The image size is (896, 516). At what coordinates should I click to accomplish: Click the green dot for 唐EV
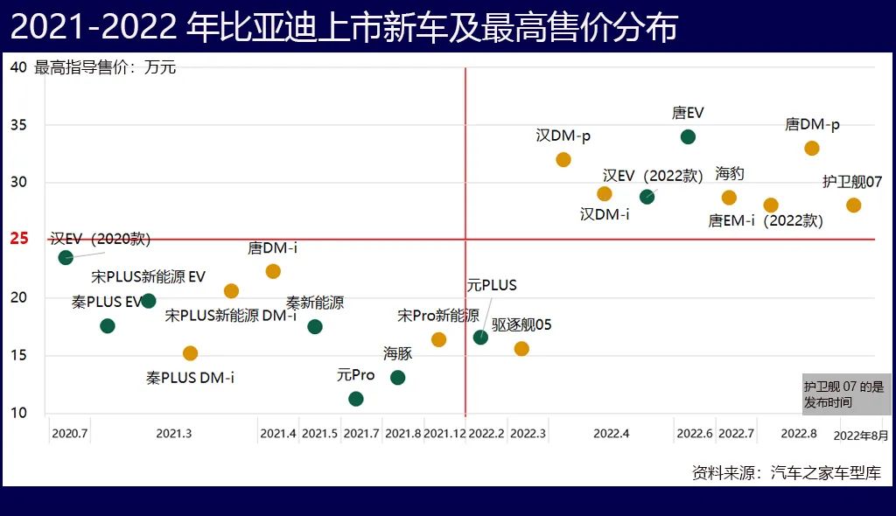coord(688,136)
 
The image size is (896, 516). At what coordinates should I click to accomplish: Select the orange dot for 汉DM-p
coord(563,159)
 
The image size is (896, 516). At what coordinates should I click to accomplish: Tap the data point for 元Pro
coord(356,399)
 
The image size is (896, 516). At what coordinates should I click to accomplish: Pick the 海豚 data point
coord(397,378)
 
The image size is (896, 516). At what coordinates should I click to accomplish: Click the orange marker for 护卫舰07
coord(854,206)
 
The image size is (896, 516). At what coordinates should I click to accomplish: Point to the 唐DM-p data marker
coord(812,148)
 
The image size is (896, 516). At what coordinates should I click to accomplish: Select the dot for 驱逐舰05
coord(521,349)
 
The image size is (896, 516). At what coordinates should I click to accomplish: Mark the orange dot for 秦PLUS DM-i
coord(190,353)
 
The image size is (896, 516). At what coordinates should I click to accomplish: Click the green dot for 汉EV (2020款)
coord(66,257)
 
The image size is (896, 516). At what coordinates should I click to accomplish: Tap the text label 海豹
coord(730,173)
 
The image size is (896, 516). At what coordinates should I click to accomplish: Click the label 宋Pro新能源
coord(438,315)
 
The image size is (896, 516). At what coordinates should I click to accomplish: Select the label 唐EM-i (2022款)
coord(766,221)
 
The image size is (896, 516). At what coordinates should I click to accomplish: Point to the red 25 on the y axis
coord(19,239)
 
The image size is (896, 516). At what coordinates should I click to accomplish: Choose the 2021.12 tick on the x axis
coord(444,434)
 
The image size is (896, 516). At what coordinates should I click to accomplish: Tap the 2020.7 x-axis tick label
coord(70,434)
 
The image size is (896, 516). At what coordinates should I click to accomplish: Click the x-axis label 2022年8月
coord(860,435)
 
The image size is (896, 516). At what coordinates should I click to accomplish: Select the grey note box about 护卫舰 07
coord(847,394)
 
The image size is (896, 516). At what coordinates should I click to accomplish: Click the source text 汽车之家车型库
coord(826,473)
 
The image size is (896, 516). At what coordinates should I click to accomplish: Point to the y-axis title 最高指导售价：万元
coord(105,67)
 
